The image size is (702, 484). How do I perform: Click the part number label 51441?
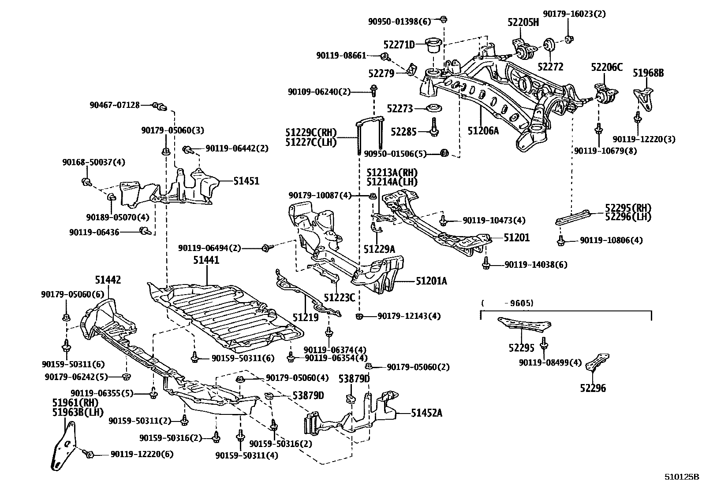(x=205, y=261)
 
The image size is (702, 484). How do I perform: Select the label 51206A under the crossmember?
(x=483, y=130)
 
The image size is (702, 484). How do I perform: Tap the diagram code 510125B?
(x=682, y=477)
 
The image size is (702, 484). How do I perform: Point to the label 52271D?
(x=399, y=44)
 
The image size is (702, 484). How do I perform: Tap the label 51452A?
(x=426, y=413)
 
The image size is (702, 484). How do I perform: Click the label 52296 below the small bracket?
(x=593, y=388)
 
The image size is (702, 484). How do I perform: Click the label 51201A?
(x=431, y=281)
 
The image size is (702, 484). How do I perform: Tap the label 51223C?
(x=339, y=298)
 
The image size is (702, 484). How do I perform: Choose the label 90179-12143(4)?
(x=409, y=316)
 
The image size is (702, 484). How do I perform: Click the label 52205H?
(x=523, y=22)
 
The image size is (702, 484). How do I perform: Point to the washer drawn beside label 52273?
(x=435, y=108)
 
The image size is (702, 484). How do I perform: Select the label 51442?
(x=108, y=280)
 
